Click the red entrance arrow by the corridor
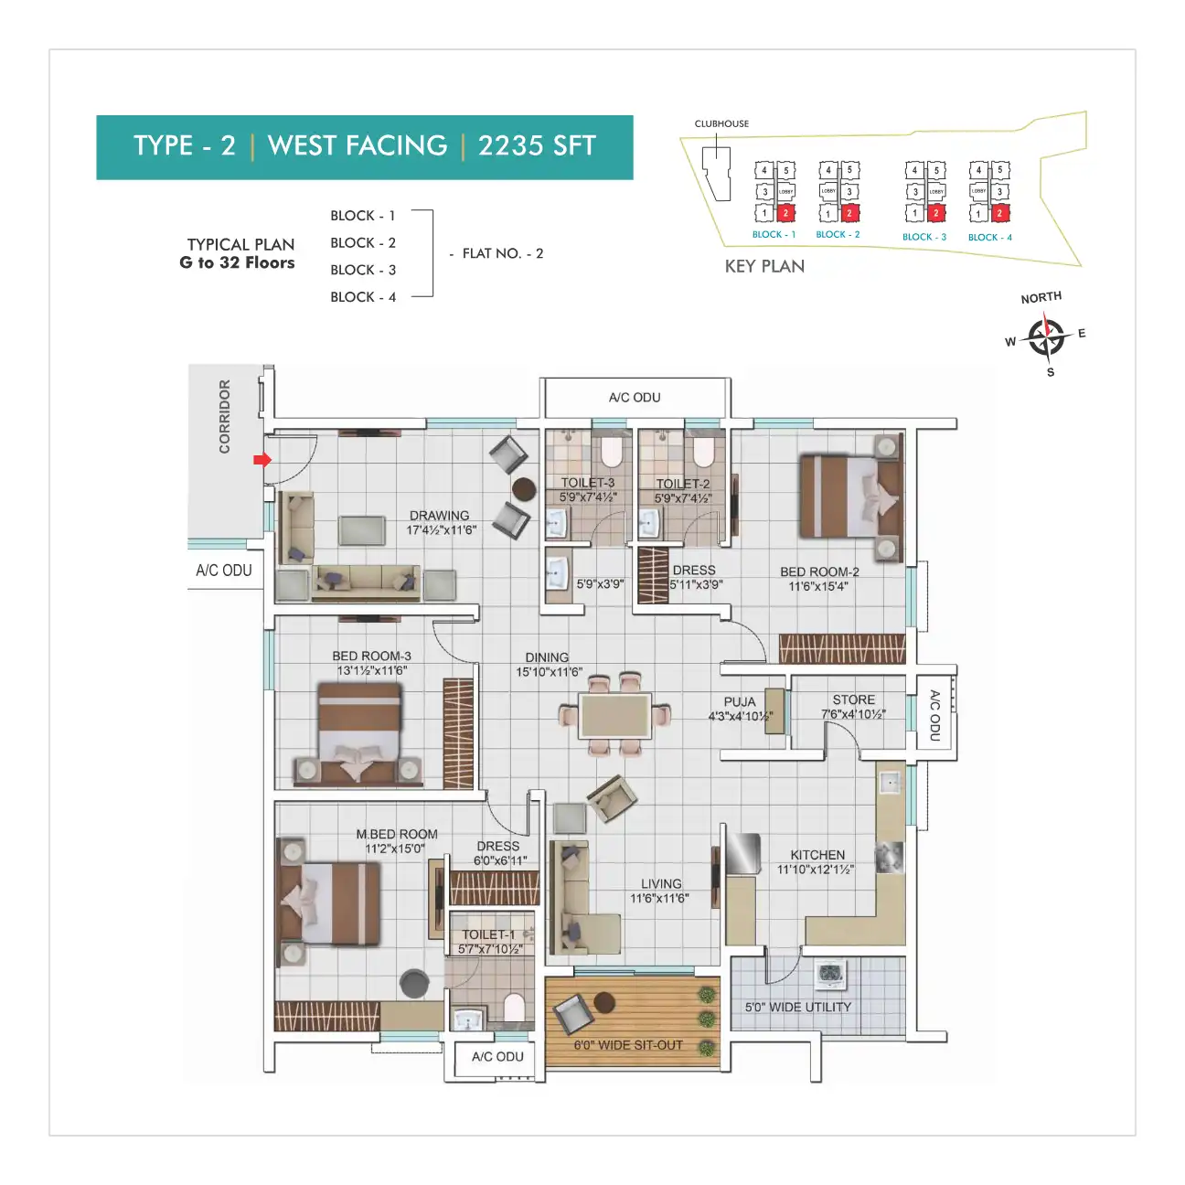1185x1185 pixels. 262,460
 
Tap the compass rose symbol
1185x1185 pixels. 1045,336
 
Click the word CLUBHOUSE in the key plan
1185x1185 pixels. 721,123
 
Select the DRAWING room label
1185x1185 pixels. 440,516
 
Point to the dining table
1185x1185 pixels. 615,715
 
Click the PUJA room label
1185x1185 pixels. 740,702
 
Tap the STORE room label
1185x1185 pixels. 853,699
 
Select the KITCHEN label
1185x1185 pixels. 817,855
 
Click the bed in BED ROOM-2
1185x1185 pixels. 848,497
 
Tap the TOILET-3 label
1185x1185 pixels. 588,483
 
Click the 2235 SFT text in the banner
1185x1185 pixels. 537,146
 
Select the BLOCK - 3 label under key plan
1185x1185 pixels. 923,237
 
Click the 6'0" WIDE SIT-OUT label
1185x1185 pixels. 628,1044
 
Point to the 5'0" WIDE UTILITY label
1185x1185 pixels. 797,1007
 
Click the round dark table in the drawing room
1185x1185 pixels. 524,489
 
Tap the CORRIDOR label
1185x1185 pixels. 224,417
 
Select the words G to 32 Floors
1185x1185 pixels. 237,263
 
